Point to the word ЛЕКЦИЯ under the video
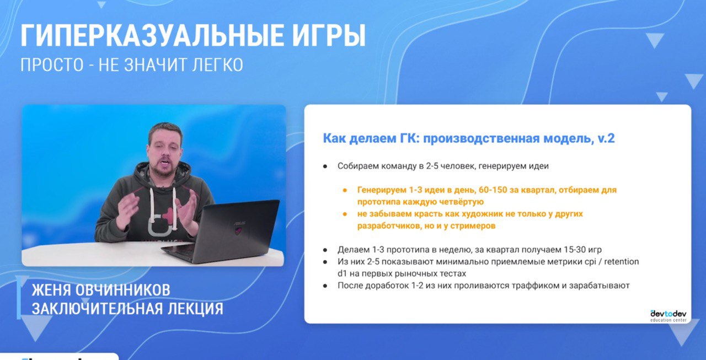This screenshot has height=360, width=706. point(195,308)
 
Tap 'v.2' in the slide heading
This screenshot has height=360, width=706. point(606,138)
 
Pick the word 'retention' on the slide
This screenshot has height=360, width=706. point(621,262)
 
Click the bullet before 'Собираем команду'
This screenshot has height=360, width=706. point(325,166)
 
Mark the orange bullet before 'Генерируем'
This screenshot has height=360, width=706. point(345,190)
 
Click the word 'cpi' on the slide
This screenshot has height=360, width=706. point(590,262)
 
